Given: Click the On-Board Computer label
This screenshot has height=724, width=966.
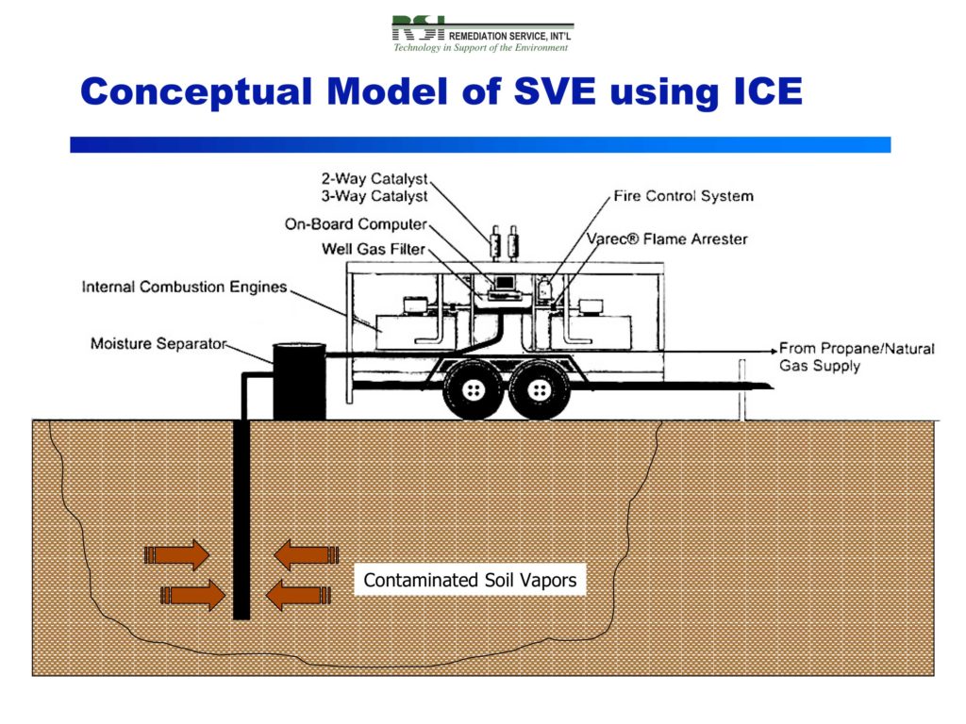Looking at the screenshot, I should point(356,224).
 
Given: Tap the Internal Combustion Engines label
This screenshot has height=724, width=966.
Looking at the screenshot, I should point(184,287).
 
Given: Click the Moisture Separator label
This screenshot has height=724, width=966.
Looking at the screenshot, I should point(158,343).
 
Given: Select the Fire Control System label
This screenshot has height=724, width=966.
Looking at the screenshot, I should point(683,196).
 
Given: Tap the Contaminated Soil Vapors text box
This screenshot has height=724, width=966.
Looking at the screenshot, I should point(470,580).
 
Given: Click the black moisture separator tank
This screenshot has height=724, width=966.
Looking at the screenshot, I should point(299,382).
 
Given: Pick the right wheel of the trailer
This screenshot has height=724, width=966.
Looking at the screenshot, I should point(537,388).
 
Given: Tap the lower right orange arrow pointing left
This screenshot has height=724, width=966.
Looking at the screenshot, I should point(298,595).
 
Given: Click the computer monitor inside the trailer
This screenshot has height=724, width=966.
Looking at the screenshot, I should point(504,282).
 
